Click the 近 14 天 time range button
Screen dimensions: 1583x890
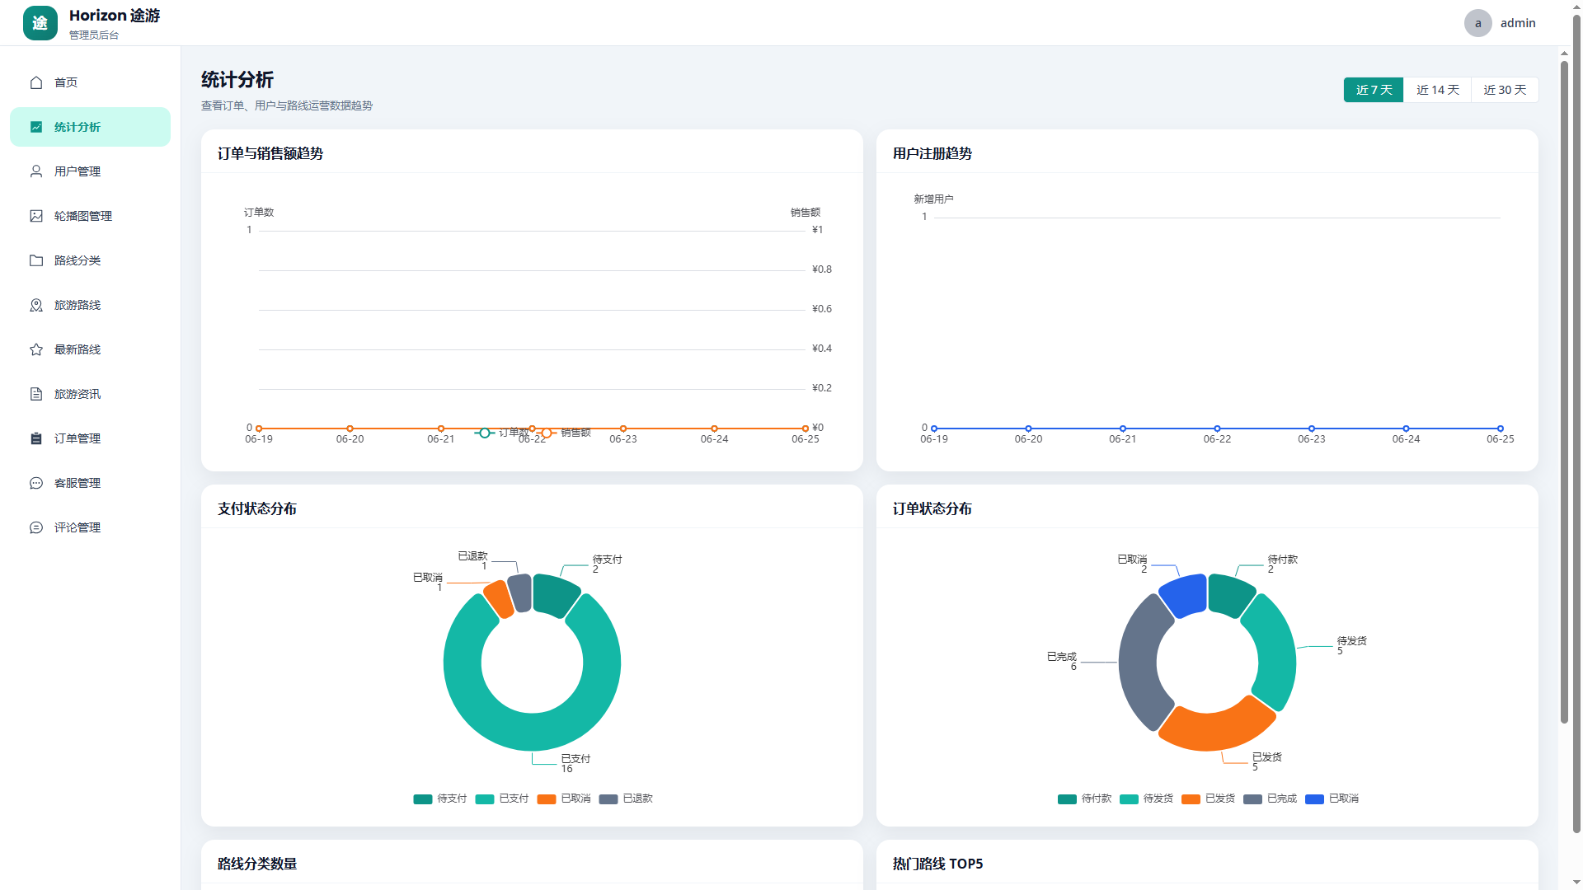click(x=1437, y=90)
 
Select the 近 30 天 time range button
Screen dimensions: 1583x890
click(x=1505, y=90)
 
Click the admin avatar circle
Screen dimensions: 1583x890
click(x=1477, y=23)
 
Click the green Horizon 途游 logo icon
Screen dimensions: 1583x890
click(x=40, y=23)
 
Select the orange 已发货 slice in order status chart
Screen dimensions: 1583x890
click(x=1216, y=725)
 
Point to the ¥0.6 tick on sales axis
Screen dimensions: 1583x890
click(x=822, y=309)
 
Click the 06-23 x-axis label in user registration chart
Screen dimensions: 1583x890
click(x=1312, y=439)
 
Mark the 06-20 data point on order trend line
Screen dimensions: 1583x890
click(x=350, y=429)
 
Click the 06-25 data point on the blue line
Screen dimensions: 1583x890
click(x=1501, y=429)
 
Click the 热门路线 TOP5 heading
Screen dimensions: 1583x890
click(x=937, y=864)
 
